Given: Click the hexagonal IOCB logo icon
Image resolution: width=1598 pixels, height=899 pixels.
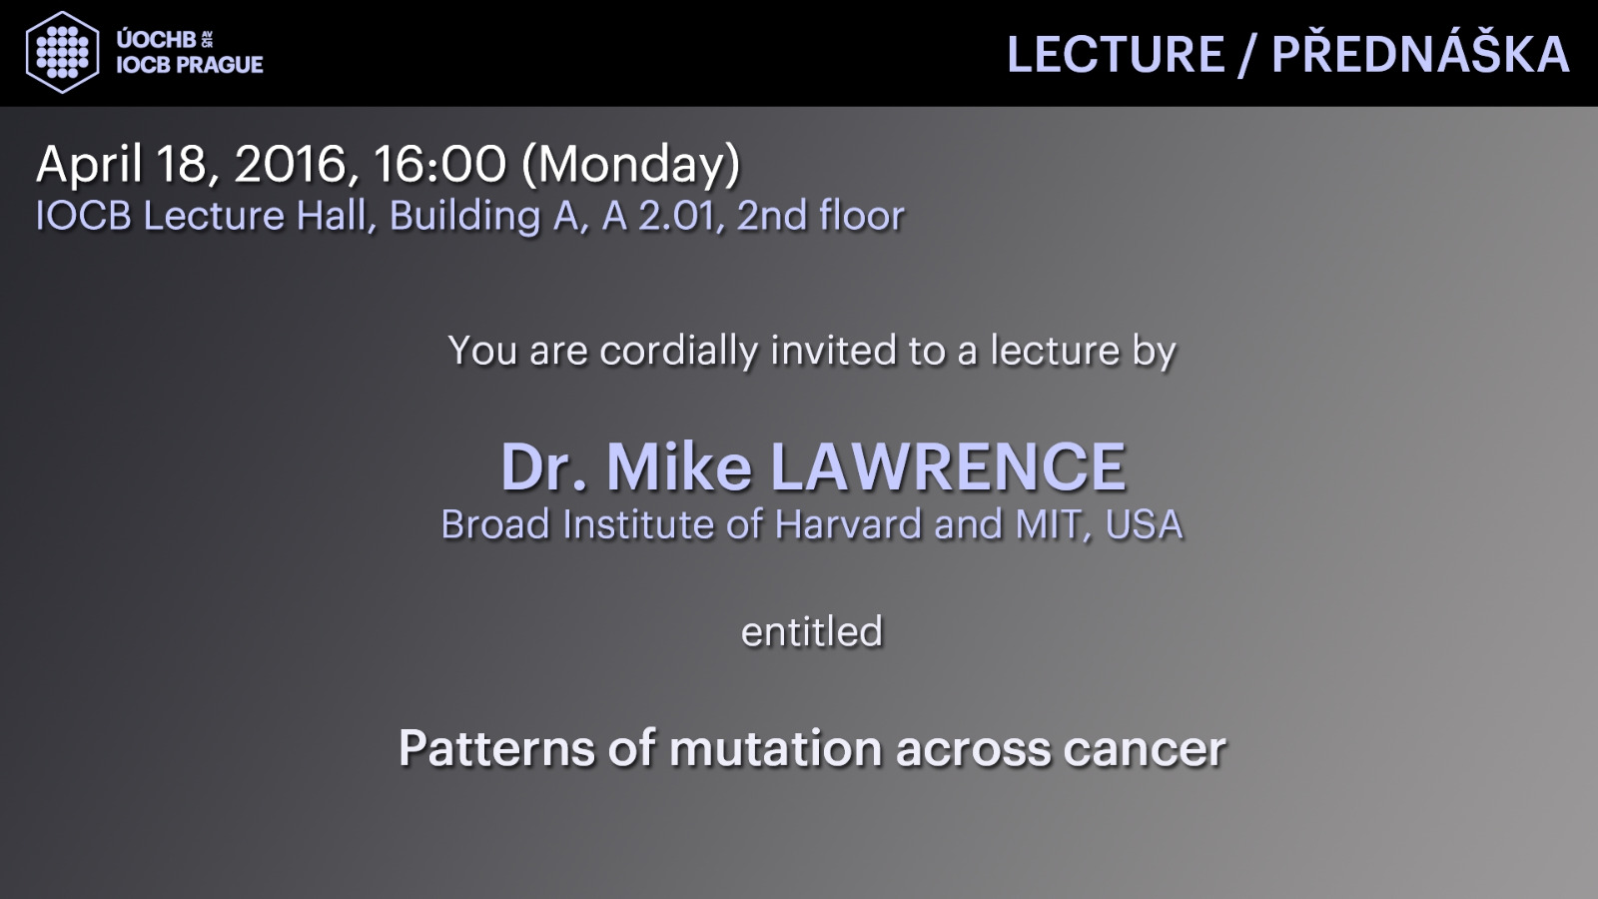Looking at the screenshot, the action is pos(62,52).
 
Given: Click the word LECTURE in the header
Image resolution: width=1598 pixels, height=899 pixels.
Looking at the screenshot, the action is pos(1115,54).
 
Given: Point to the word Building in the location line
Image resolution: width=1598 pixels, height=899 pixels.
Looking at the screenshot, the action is pos(464,217).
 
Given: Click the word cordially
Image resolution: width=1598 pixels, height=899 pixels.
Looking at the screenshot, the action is pos(678,351).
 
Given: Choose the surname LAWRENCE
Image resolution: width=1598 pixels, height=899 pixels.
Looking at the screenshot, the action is pos(949,467).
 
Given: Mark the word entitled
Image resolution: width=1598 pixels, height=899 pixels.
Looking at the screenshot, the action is pos(812,632).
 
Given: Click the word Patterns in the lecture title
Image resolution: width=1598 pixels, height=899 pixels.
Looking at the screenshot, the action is pos(495,748).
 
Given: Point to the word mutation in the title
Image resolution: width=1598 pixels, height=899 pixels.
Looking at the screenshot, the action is pos(775,748).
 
